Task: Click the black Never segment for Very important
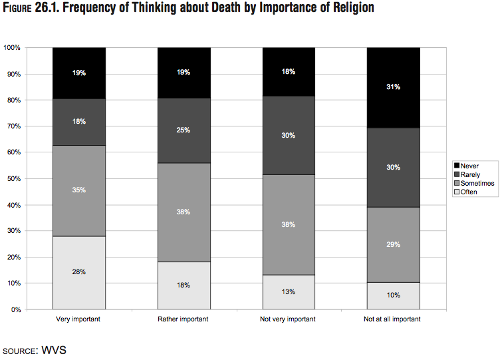click(79, 73)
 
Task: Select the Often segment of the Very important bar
click(79, 272)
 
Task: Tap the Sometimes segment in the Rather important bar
click(184, 212)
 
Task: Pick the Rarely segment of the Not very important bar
click(289, 135)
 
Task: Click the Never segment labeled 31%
click(394, 87)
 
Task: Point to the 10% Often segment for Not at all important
click(394, 295)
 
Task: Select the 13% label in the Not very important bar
click(289, 291)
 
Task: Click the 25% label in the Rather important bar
click(184, 130)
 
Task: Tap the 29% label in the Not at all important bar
click(394, 244)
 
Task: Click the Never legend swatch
click(457, 166)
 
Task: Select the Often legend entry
click(468, 192)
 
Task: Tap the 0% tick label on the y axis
click(15, 309)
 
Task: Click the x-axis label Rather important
click(184, 319)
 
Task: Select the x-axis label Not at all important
click(393, 319)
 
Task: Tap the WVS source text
click(55, 349)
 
